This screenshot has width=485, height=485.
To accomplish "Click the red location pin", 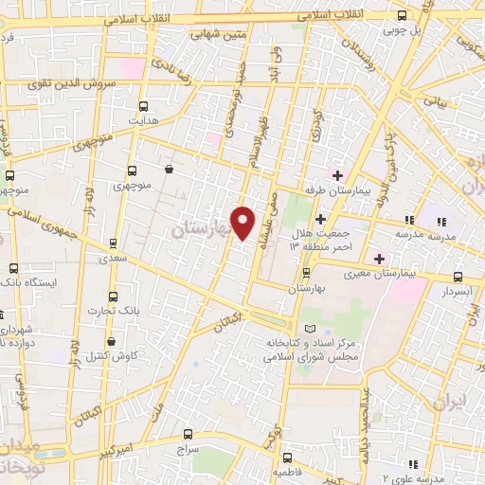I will [x=243, y=222].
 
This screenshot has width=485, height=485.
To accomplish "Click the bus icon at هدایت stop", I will [x=144, y=106].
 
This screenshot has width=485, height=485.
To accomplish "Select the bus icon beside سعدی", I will [x=115, y=242].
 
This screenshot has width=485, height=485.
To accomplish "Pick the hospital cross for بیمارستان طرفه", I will [x=337, y=174].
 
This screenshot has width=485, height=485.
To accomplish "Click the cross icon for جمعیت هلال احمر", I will [x=321, y=219].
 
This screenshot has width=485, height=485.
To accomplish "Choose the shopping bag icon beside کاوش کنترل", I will [x=112, y=341].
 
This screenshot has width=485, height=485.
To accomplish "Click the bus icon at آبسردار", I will [x=458, y=278].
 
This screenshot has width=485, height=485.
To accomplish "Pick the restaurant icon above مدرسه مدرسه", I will [x=409, y=220].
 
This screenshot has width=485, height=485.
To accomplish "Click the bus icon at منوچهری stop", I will [x=131, y=172].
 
